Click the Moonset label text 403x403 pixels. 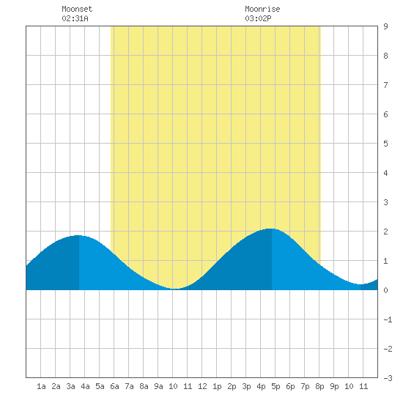pyautogui.click(x=77, y=10)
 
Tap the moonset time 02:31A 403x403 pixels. pyautogui.click(x=75, y=18)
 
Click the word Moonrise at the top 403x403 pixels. pyautogui.click(x=262, y=10)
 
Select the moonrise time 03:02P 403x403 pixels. pyautogui.click(x=258, y=18)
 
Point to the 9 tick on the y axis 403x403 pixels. pyautogui.click(x=385, y=26)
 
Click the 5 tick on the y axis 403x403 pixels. pyautogui.click(x=385, y=144)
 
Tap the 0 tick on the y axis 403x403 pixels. pyautogui.click(x=385, y=290)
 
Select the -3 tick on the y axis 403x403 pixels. pyautogui.click(x=388, y=378)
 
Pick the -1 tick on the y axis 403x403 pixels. pyautogui.click(x=388, y=319)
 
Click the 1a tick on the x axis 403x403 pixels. pyautogui.click(x=41, y=386)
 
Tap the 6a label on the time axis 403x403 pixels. pyautogui.click(x=114, y=386)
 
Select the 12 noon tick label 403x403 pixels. pyautogui.click(x=202, y=386)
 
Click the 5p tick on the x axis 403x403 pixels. pyautogui.click(x=276, y=386)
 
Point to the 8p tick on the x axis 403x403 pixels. pyautogui.click(x=319, y=386)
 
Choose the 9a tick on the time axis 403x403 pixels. pyautogui.click(x=158, y=386)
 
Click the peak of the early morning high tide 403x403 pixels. pyautogui.click(x=78, y=235)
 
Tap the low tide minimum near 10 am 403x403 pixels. pyautogui.click(x=176, y=289)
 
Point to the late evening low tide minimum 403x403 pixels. pyautogui.click(x=361, y=284)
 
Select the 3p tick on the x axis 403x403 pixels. pyautogui.click(x=246, y=386)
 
